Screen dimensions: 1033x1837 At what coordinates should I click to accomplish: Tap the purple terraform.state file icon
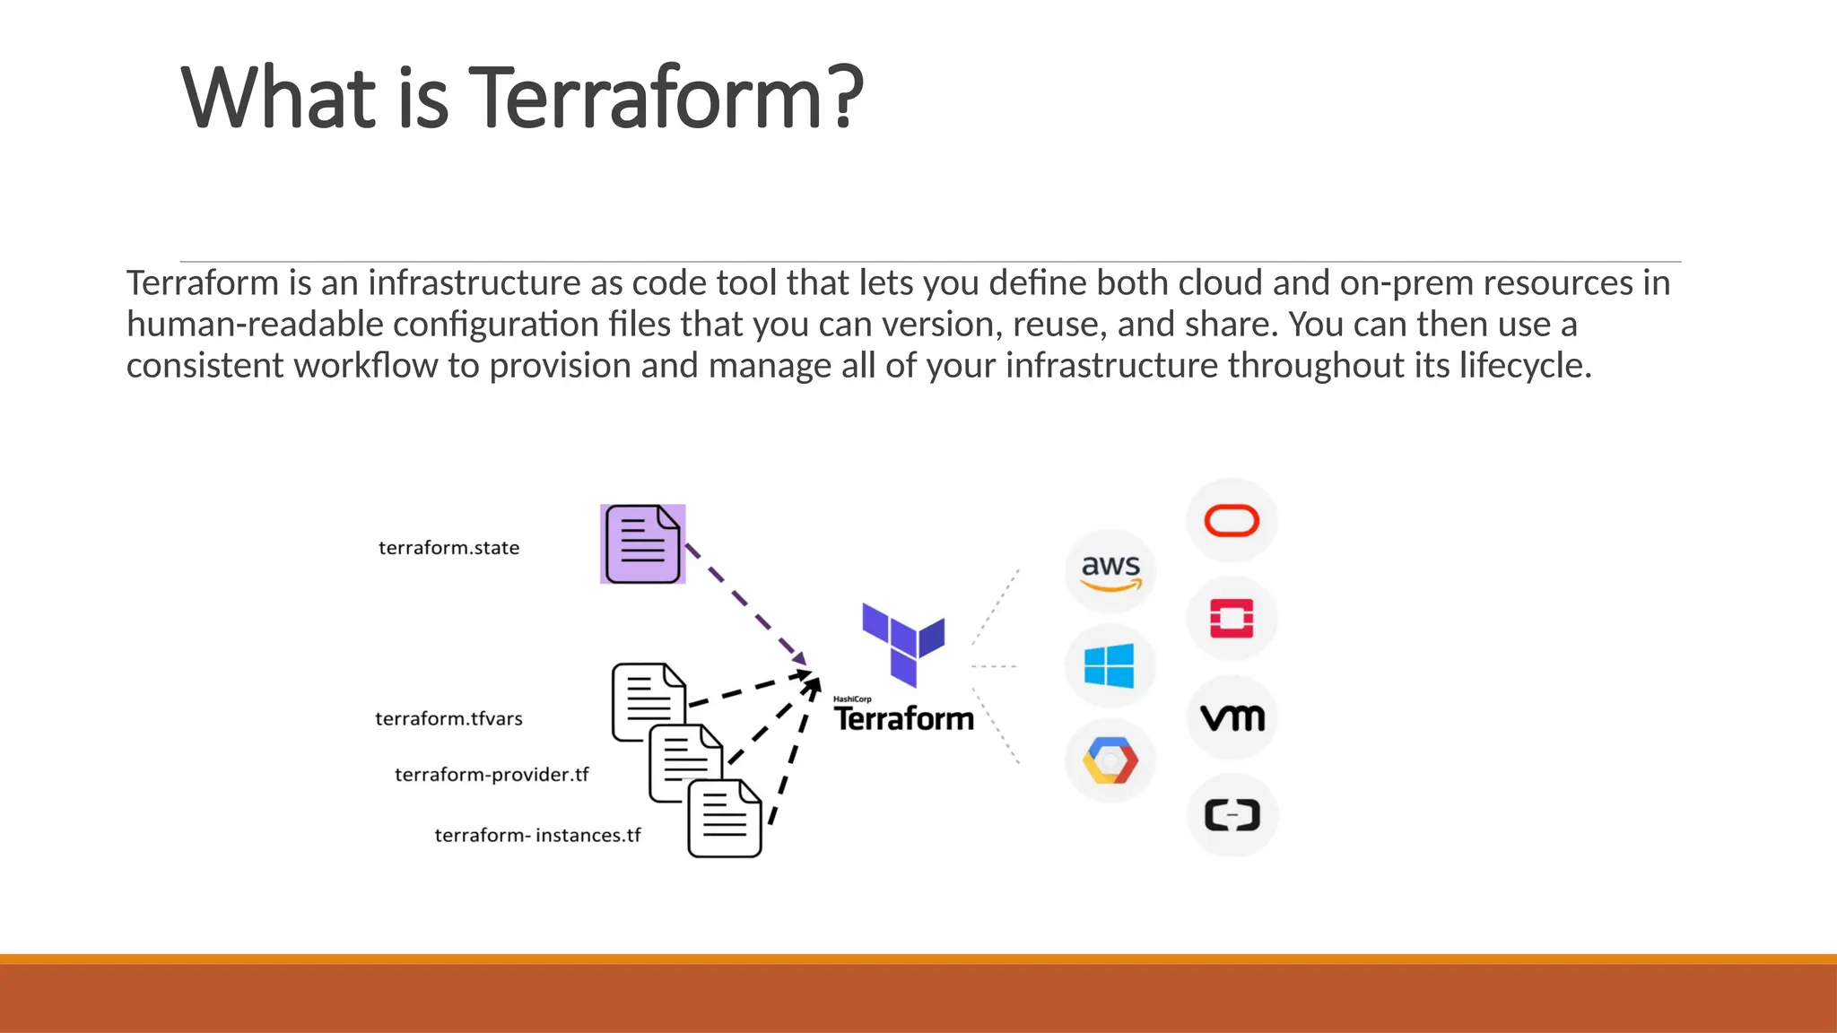pyautogui.click(x=642, y=544)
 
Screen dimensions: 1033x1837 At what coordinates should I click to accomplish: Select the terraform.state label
pyautogui.click(x=448, y=548)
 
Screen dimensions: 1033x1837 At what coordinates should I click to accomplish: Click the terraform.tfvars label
pyautogui.click(x=448, y=719)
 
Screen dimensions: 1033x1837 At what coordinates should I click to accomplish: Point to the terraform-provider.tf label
pyautogui.click(x=492, y=775)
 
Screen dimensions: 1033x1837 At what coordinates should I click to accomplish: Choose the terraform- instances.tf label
pyautogui.click(x=537, y=836)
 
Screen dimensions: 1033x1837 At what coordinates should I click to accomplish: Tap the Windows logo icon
pyautogui.click(x=1110, y=666)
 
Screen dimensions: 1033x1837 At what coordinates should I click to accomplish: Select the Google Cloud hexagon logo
pyautogui.click(x=1110, y=761)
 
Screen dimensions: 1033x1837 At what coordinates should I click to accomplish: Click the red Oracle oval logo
pyautogui.click(x=1232, y=521)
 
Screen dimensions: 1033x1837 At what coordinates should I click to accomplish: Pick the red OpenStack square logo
pyautogui.click(x=1232, y=619)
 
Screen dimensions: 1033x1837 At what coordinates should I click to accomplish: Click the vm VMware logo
pyautogui.click(x=1232, y=717)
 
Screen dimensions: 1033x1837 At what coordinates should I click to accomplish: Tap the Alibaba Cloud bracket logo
pyautogui.click(x=1232, y=815)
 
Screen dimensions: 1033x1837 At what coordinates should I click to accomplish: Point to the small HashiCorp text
pyautogui.click(x=852, y=699)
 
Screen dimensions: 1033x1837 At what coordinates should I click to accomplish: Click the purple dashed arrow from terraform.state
pyautogui.click(x=744, y=603)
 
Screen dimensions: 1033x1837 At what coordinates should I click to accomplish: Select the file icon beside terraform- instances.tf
pyautogui.click(x=725, y=818)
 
